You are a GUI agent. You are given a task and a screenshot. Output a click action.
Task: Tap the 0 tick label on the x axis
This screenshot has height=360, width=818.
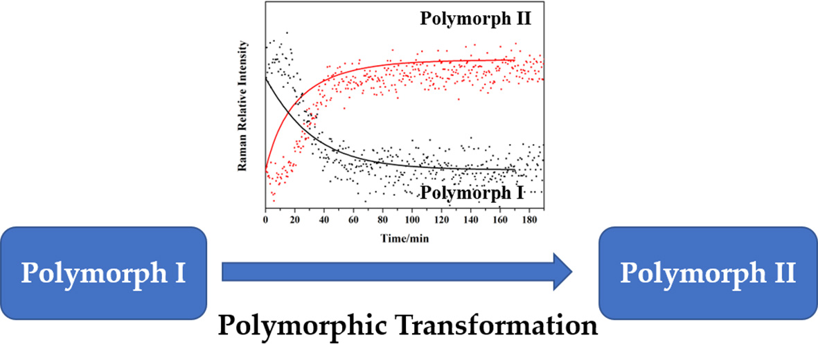pos(266,219)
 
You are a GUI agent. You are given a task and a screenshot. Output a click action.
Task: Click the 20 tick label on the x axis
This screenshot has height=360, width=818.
pos(295,219)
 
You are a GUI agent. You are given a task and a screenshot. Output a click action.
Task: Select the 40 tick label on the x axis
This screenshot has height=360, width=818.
pos(324,219)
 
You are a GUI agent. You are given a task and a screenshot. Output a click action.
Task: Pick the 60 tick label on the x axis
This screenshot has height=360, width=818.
pos(354,219)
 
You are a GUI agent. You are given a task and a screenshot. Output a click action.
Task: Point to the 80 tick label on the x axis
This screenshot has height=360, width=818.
pos(383,219)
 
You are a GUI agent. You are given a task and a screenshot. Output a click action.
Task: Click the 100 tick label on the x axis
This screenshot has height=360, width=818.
pos(412,219)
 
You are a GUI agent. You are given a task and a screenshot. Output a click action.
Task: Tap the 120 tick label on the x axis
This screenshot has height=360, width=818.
pos(442,219)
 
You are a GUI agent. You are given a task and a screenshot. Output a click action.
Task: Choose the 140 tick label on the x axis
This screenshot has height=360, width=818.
pos(471,219)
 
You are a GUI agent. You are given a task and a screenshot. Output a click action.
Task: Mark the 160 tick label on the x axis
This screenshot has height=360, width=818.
pos(500,219)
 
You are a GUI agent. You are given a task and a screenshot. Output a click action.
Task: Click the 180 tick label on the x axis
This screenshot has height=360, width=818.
pos(530,219)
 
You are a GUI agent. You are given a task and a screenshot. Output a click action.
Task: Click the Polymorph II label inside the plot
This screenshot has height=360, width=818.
pos(475,18)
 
